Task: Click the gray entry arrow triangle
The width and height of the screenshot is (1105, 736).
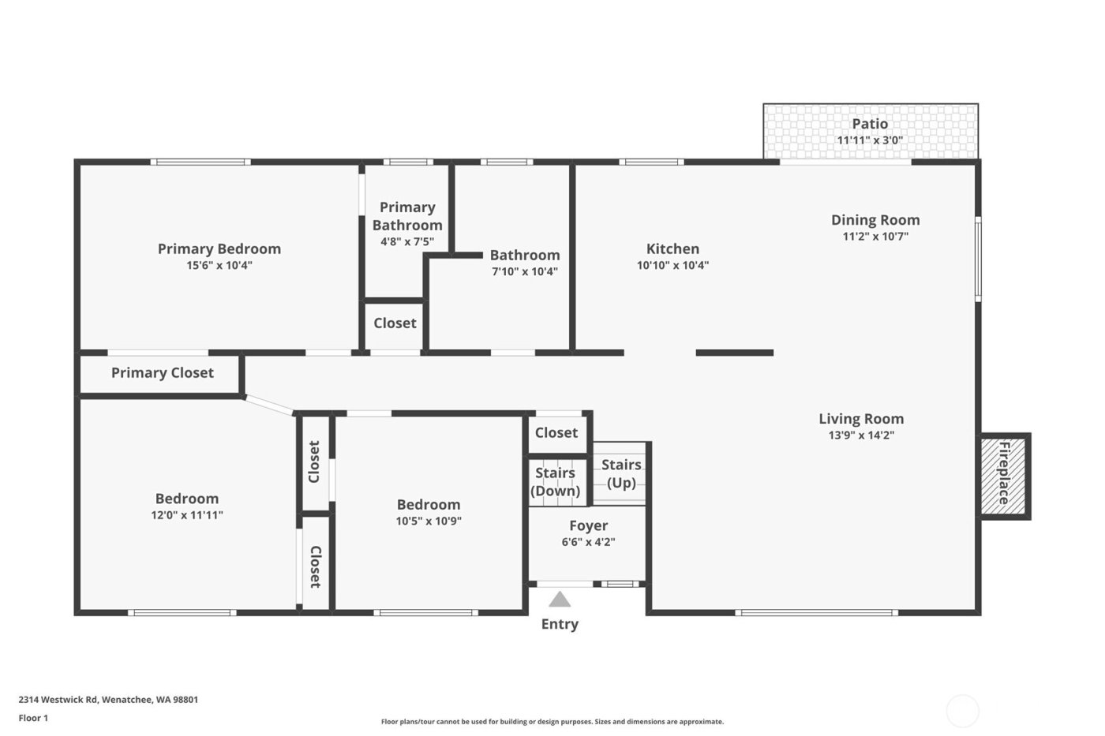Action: pos(560,600)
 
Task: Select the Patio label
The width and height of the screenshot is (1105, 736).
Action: pos(870,124)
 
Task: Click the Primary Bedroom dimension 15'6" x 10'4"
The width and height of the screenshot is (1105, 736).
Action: pos(219,266)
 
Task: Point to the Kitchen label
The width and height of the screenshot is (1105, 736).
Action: pos(672,248)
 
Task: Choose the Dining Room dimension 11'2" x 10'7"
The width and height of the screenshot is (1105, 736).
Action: pos(875,237)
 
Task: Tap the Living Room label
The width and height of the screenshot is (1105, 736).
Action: pos(860,419)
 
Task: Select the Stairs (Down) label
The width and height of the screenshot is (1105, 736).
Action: pos(555,482)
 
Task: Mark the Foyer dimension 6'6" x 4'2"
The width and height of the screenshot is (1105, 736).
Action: pos(588,542)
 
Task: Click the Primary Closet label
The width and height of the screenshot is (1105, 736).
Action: pos(162,373)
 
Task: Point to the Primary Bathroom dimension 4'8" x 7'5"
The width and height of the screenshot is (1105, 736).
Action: pos(407,242)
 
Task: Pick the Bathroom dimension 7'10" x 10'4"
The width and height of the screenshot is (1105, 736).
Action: pos(525,271)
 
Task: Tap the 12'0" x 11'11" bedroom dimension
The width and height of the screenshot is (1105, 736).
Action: pos(187,515)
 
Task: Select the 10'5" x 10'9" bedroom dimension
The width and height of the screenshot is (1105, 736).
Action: pos(429,521)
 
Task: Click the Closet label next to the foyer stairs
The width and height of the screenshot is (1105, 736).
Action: pos(556,432)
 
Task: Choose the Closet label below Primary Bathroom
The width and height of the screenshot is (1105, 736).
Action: pos(395,323)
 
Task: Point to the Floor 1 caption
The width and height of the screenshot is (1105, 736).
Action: pos(33,718)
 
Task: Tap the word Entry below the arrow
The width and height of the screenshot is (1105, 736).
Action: pos(560,624)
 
